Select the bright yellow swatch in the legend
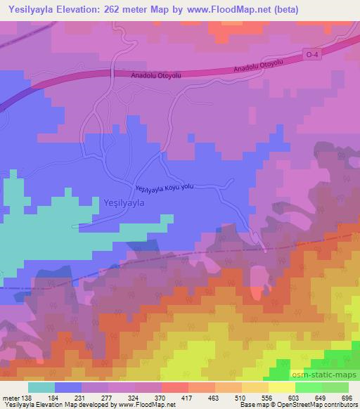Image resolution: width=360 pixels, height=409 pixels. click(282, 387)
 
